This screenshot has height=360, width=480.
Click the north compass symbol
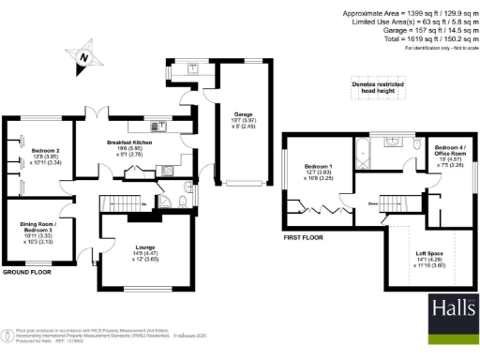click(85, 57)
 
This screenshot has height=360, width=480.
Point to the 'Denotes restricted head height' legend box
click(379, 85)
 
